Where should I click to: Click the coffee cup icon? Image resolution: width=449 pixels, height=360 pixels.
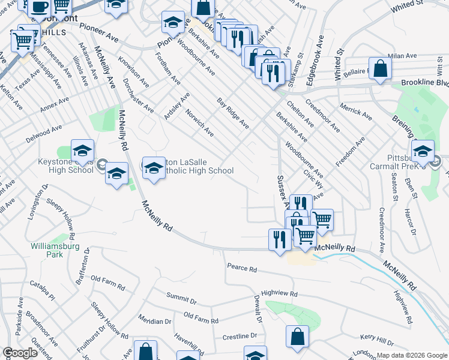point(40,8)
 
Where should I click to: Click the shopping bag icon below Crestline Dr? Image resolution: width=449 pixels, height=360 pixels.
point(297,337)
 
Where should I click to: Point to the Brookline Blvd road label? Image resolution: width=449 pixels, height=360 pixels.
point(424,83)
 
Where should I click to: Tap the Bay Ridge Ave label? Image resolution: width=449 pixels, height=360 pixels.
point(233,113)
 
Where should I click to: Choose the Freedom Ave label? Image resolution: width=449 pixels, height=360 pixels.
point(351,152)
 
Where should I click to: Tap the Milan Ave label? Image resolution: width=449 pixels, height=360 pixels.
point(402,56)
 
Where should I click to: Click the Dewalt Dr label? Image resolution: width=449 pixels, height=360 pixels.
point(256,307)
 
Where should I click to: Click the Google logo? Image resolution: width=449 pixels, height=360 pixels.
point(20,353)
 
